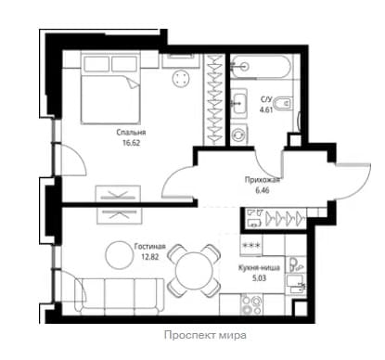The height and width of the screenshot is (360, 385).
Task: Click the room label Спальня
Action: pyautogui.click(x=131, y=133)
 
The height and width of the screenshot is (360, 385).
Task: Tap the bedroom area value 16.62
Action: pyautogui.click(x=131, y=143)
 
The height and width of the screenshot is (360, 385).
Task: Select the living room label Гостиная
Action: pyautogui.click(x=150, y=247)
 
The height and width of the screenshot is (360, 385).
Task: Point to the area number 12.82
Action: pyautogui.click(x=149, y=256)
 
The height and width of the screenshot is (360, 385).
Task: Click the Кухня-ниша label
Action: pyautogui.click(x=259, y=268)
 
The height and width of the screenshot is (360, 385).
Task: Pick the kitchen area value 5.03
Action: pyautogui.click(x=259, y=278)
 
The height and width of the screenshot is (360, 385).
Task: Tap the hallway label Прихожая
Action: pyautogui.click(x=263, y=180)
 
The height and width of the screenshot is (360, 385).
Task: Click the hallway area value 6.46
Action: pyautogui.click(x=263, y=190)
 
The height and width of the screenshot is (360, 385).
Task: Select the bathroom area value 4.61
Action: pyautogui.click(x=266, y=109)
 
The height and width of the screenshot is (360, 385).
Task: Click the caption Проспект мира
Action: pyautogui.click(x=205, y=335)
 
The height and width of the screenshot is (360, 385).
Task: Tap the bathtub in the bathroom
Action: pyautogui.click(x=261, y=66)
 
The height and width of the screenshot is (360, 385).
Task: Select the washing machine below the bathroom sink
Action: pyautogui.click(x=239, y=135)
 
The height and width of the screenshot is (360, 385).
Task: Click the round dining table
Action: pyautogui.click(x=195, y=271)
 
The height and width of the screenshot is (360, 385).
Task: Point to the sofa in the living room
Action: pyautogui.click(x=120, y=296)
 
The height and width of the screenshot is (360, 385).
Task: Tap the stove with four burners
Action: pyautogui.click(x=251, y=304)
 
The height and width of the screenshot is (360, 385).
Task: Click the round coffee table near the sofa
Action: pyautogui.click(x=118, y=255)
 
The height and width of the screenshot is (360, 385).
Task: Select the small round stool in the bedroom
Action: pyautogui.click(x=180, y=77)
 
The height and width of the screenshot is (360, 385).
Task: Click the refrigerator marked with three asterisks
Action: pyautogui.click(x=251, y=246)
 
